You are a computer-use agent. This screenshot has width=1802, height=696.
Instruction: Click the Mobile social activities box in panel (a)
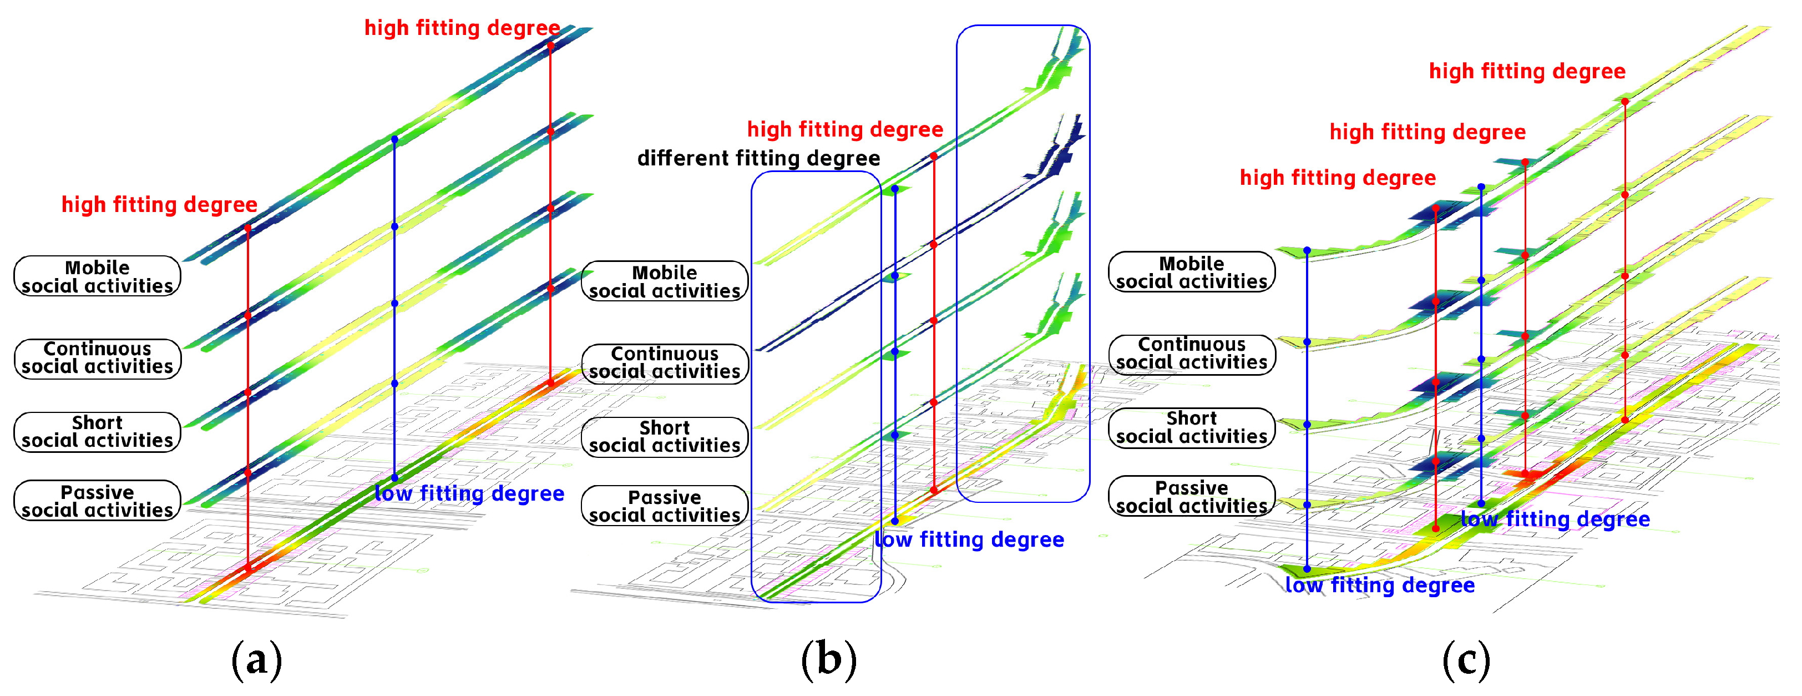coord(97,276)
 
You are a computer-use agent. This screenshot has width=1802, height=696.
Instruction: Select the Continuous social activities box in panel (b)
coord(665,363)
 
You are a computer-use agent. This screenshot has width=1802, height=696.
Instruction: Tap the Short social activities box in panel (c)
coord(1191,427)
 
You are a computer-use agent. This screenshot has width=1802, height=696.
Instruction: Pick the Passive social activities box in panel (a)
coord(97,501)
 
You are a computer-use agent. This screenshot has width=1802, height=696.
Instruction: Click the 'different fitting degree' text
coord(758,158)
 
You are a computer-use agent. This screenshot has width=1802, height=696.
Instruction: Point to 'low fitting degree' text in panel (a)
coord(469,494)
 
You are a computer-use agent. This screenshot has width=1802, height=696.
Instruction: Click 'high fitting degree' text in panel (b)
coord(845,129)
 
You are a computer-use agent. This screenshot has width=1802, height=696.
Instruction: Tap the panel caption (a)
coord(257,659)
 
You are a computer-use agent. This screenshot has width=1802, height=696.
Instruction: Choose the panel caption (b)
coord(828,659)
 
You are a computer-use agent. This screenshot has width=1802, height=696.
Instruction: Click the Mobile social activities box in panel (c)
coord(1191,272)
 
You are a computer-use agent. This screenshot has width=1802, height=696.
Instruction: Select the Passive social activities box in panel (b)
coord(665,506)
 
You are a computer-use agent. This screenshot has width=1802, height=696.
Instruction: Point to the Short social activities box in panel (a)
coord(97,432)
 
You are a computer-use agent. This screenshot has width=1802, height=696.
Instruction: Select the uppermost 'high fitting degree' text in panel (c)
coord(1527,72)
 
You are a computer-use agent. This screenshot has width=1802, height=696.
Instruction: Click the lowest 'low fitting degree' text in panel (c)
coord(1380,585)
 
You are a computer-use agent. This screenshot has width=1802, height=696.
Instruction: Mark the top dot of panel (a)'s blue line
coord(394,140)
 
